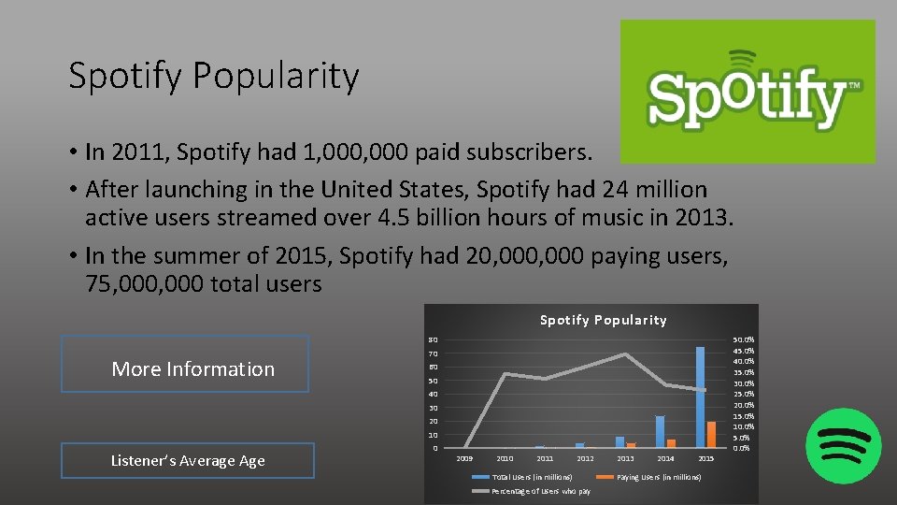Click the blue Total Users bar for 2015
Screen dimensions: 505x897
(x=700, y=397)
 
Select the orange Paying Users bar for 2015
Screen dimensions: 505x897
(x=711, y=435)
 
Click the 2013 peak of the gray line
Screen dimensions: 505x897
(x=625, y=354)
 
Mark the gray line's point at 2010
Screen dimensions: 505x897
(x=505, y=374)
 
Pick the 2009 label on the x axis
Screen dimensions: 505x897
(x=464, y=458)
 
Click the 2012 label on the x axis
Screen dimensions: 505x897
(x=585, y=458)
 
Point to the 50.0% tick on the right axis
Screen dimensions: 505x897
(x=744, y=339)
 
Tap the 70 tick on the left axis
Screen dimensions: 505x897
(x=433, y=354)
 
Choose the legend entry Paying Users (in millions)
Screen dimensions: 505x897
(x=659, y=477)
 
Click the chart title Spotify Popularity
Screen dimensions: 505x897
(x=603, y=320)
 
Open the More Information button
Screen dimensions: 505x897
(x=185, y=364)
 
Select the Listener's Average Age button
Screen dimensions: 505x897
(x=188, y=460)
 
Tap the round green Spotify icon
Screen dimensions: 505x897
(x=843, y=445)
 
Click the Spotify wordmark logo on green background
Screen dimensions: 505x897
(x=747, y=92)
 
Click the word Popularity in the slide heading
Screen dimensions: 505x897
(x=276, y=77)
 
